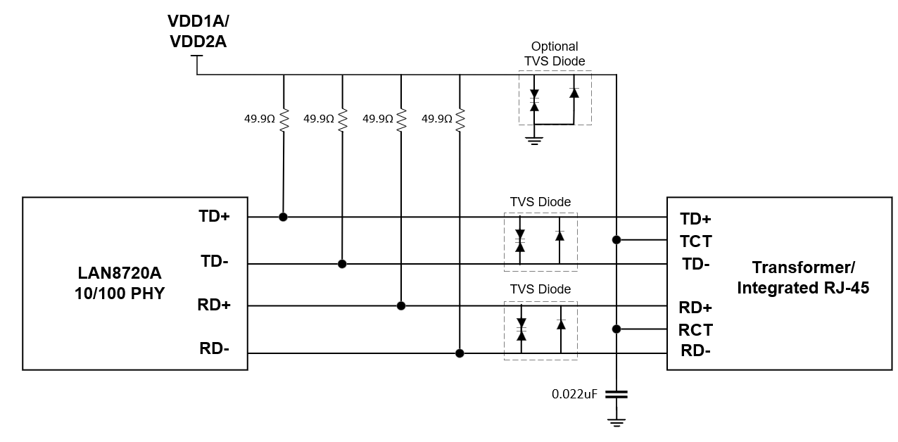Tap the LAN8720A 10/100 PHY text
[x=119, y=282]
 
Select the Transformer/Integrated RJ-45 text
[x=802, y=277]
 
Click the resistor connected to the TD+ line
[x=284, y=120]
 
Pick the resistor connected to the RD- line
[x=460, y=120]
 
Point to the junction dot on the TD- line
[x=342, y=264]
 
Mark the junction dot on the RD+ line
[x=401, y=305]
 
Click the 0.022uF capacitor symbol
[x=616, y=394]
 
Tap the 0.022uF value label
[x=574, y=394]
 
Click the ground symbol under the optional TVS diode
[x=536, y=140]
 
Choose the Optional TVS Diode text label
[x=555, y=53]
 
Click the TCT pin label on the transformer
[x=695, y=241]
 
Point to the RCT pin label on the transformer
[x=695, y=329]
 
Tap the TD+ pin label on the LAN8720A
[x=214, y=217]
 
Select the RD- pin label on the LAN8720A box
[x=214, y=350]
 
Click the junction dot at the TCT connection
[x=616, y=240]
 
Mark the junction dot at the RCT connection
[x=616, y=329]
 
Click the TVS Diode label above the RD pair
[x=540, y=289]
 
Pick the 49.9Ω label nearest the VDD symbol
[x=260, y=120]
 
